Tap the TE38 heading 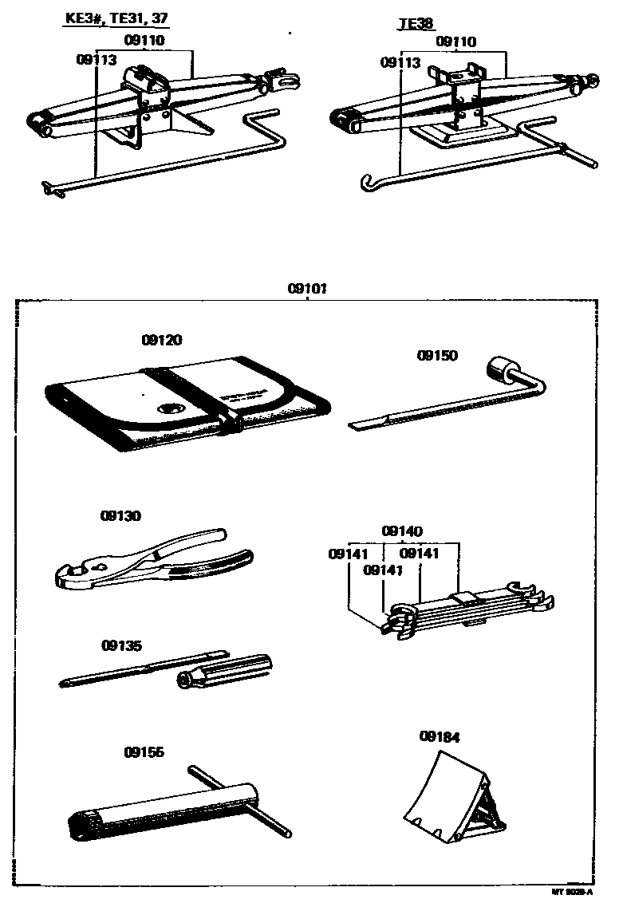415,23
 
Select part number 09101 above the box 309,290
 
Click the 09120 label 162,341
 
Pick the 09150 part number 437,355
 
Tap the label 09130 121,515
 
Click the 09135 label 121,645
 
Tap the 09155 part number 144,751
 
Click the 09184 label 439,737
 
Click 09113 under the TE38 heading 400,61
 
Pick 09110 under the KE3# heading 144,39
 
